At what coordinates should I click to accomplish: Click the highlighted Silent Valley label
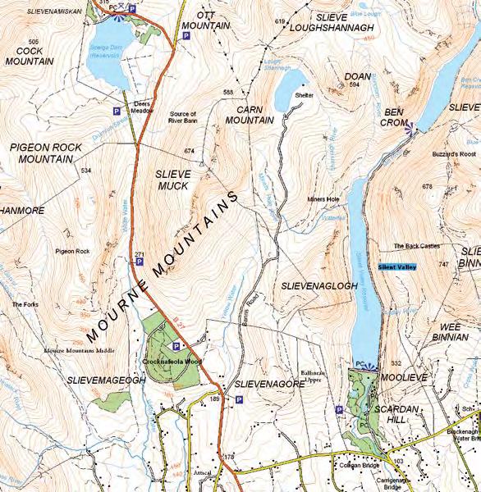tap(397, 266)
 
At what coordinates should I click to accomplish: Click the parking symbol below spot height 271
tap(140, 263)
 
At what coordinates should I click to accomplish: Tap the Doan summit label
tap(353, 75)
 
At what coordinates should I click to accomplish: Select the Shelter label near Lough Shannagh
tap(305, 94)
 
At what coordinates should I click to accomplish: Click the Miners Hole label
tap(323, 199)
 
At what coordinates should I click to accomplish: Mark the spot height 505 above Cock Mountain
tap(33, 41)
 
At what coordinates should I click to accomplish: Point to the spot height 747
tap(443, 265)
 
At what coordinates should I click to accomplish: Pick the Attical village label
tap(202, 473)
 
